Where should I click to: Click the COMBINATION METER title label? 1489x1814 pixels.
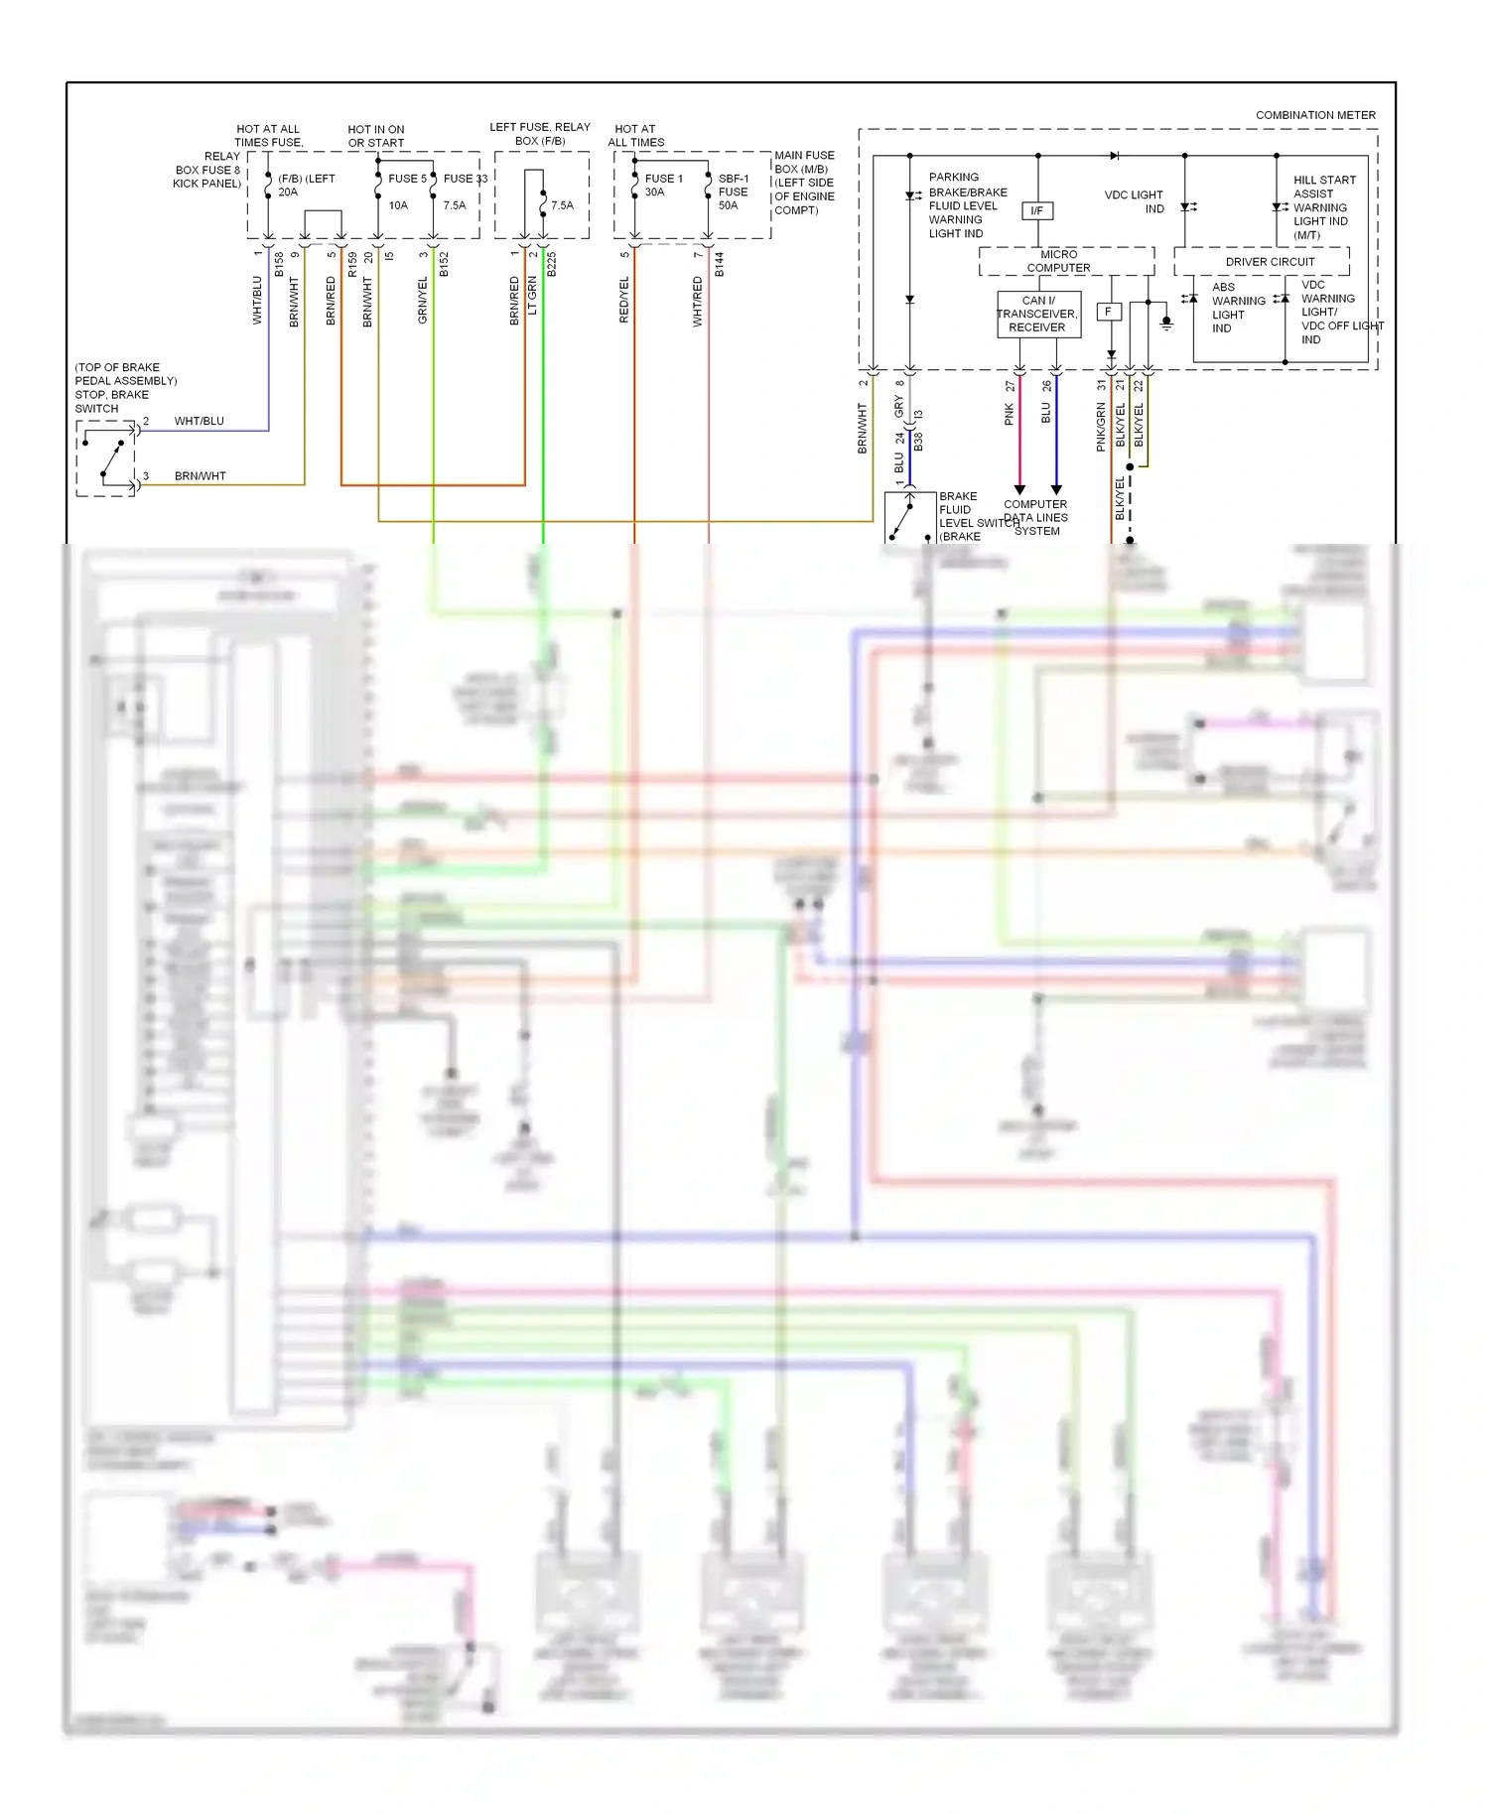point(1315,115)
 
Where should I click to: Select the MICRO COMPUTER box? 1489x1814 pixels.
point(1058,261)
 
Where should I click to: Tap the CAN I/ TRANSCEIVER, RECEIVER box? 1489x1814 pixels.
point(1037,314)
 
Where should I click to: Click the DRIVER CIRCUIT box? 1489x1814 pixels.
point(1269,262)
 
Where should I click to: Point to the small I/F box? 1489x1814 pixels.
point(1036,210)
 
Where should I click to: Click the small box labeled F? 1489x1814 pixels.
point(1108,312)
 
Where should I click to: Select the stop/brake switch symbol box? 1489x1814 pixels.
point(106,458)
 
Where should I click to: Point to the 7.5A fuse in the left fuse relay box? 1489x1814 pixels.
point(561,205)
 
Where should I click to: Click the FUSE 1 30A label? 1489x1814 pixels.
point(662,185)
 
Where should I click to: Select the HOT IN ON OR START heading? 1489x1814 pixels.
point(376,136)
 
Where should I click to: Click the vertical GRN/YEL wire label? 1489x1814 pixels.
point(423,301)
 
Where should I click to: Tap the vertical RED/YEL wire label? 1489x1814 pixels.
point(624,300)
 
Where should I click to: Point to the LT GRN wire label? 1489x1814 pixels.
point(532,297)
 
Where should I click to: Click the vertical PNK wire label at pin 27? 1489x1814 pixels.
point(1010,414)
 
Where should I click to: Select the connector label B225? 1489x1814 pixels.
point(552,264)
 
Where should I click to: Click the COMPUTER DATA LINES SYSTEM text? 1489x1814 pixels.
point(1035,517)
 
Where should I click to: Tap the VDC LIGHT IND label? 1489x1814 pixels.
point(1134,201)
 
